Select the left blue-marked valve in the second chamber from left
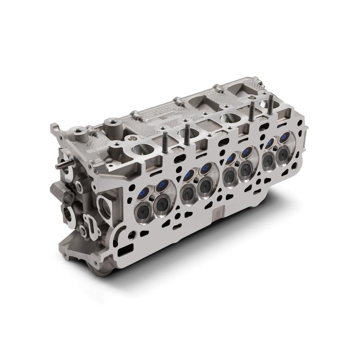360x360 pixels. click(187, 174)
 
